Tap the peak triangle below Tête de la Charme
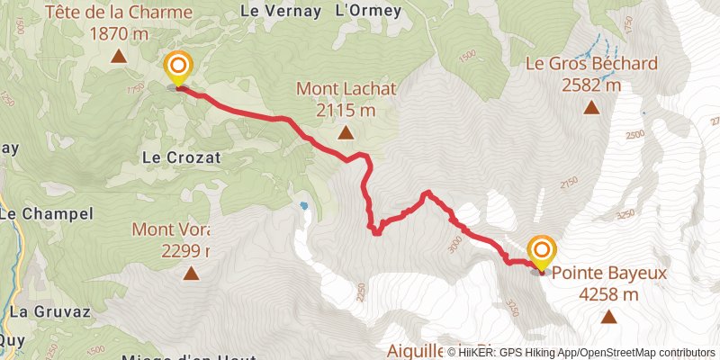pyautogui.click(x=119, y=57)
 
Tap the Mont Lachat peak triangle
pyautogui.click(x=346, y=133)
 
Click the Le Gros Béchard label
pyautogui.click(x=591, y=65)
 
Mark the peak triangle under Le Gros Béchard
pyautogui.click(x=591, y=108)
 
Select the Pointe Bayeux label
pyautogui.click(x=596, y=273)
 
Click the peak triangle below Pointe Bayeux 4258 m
pyautogui.click(x=609, y=316)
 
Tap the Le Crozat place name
pyautogui.click(x=181, y=156)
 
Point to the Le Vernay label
pyautogui.click(x=281, y=12)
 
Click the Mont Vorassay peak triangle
pyautogui.click(x=190, y=273)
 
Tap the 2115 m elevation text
pyautogui.click(x=346, y=111)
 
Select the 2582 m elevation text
pyautogui.click(x=591, y=85)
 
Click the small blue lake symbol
pyautogui.click(x=304, y=206)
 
